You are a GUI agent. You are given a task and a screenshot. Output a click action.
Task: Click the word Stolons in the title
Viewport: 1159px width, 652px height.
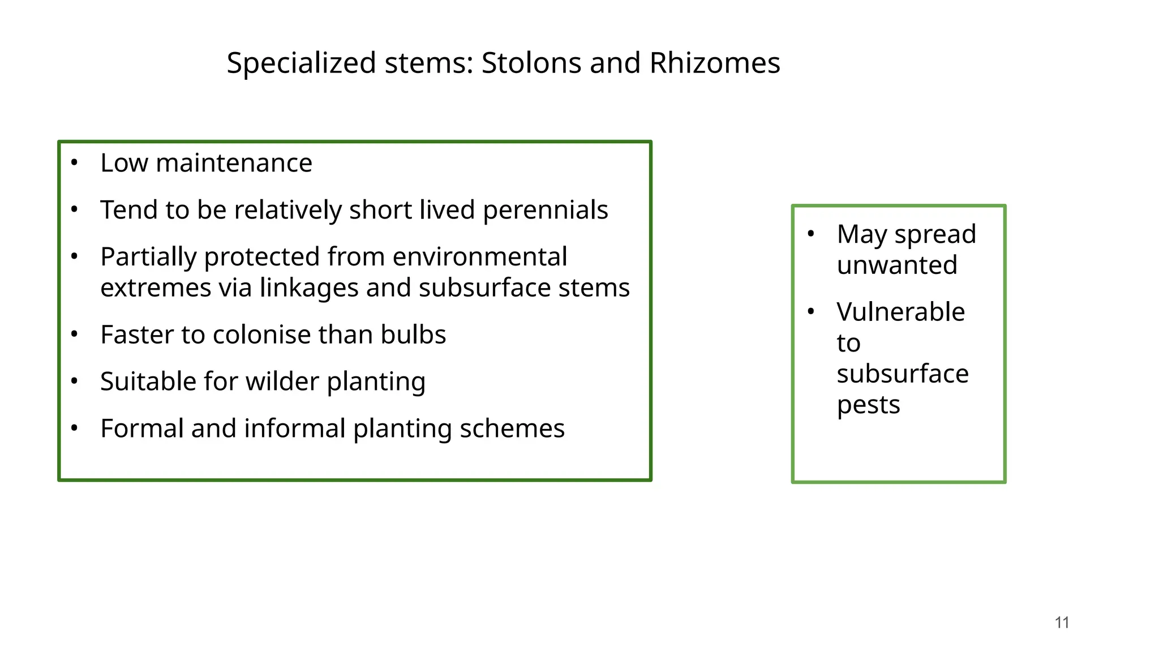531,63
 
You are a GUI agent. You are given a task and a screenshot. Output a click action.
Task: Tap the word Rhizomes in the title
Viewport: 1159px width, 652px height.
715,63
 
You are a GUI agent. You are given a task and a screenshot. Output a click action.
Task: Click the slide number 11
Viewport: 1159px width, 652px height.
1062,623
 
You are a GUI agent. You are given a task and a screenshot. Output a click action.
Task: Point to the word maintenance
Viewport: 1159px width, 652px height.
234,163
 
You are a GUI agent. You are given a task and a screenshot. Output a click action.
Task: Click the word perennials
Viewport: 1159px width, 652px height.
545,211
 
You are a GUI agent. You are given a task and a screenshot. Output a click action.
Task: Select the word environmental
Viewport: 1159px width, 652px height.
479,257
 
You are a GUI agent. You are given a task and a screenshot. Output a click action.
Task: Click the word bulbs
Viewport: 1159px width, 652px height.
413,334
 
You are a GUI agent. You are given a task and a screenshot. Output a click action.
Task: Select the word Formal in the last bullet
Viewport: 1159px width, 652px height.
141,428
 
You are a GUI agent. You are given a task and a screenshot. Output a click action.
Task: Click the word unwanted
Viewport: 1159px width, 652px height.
897,265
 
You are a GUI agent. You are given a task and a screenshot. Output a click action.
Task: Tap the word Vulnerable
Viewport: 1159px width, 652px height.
900,312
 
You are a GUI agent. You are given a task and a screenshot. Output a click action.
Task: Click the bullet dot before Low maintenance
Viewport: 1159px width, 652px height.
74,163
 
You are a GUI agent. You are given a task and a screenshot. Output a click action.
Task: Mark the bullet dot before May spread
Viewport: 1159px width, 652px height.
811,234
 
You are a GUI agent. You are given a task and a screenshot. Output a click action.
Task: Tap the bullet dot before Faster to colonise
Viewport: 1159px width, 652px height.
74,334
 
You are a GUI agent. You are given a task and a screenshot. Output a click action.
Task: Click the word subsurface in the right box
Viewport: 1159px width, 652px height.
903,374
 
